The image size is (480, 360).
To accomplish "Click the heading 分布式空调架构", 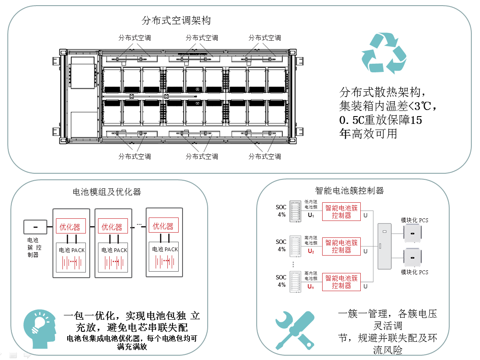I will pos(176,20).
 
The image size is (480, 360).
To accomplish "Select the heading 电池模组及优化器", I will pos(107,191).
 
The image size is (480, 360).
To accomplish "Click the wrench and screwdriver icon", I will pos(295,330).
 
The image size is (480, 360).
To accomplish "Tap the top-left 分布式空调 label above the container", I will pos(134,38).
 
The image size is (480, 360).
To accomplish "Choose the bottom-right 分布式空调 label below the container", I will pos(264,156).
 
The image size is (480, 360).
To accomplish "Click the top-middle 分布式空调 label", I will pos(202,38).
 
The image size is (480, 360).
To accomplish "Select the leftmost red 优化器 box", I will pos(70,227).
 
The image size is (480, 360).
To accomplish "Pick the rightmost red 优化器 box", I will pos(163,226).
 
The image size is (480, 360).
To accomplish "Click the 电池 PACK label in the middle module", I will pos(114,250).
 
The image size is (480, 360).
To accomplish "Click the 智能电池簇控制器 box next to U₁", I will pos(342,211).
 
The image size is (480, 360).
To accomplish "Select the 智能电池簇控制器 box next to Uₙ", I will pos(342,282).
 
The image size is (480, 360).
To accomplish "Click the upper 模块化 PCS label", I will pos(415,220).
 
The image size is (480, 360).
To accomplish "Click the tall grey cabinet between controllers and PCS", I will pos(384,246).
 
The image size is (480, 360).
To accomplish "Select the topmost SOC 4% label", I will pos(281,211).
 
